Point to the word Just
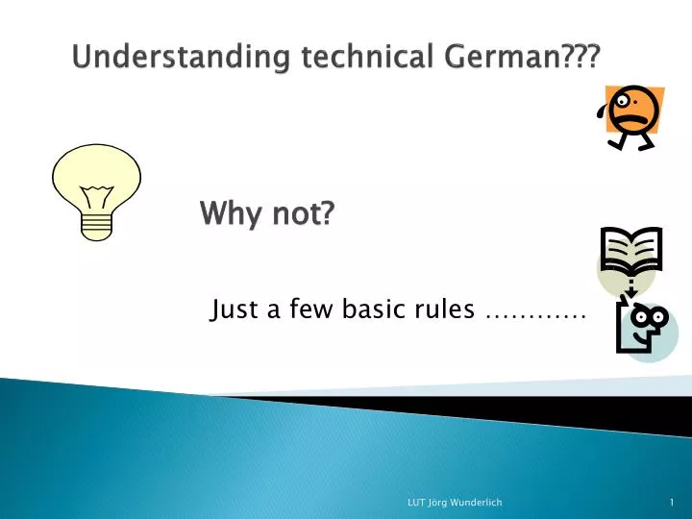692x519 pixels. (x=230, y=309)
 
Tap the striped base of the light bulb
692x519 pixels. (x=97, y=224)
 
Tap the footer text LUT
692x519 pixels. (x=417, y=503)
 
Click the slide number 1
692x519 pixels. (x=672, y=503)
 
